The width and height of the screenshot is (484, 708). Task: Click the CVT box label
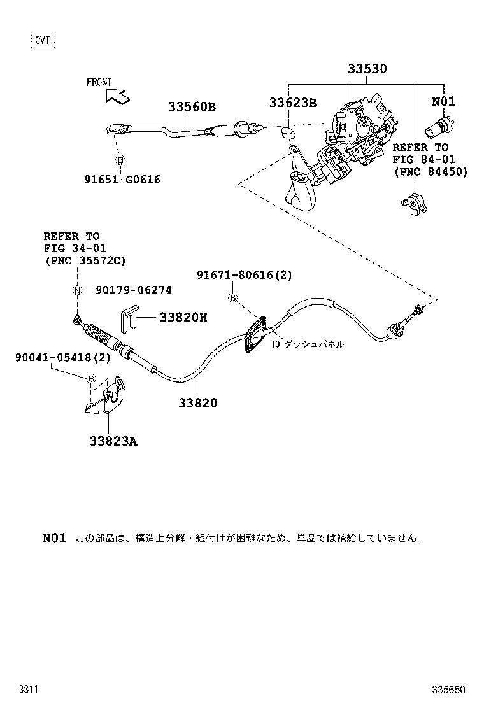point(43,41)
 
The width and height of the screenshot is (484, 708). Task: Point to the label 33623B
point(292,102)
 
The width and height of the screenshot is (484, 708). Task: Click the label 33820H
point(183,317)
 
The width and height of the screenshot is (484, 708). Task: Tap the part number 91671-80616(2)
point(244,274)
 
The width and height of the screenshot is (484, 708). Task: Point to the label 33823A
point(113,439)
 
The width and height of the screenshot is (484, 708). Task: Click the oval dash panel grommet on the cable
point(255,336)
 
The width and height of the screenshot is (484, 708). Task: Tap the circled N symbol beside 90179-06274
point(78,291)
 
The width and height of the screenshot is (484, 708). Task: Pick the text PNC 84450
point(430,171)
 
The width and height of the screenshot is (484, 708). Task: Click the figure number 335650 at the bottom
point(448,690)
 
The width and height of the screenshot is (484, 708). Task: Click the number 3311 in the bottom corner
point(29,690)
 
